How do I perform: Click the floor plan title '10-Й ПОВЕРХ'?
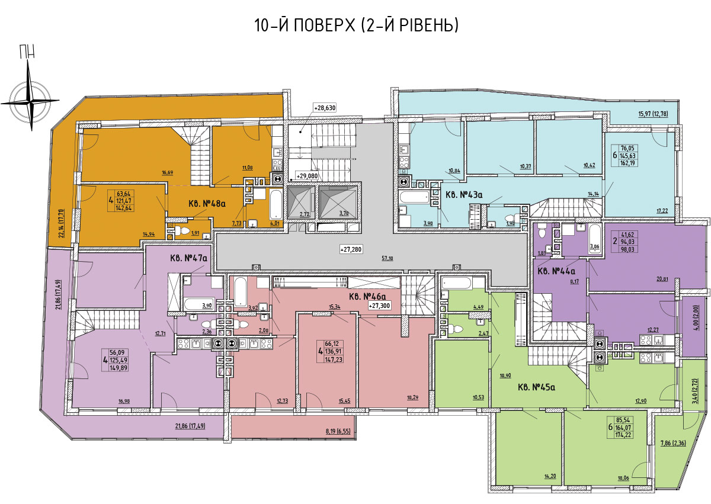(305, 25)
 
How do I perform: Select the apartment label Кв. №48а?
(207, 203)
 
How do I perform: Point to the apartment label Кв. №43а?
(464, 194)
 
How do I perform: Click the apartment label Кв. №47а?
(188, 258)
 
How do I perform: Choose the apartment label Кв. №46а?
(367, 297)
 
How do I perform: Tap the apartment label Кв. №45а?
(536, 387)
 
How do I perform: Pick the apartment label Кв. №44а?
(557, 271)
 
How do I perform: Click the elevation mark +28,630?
(325, 108)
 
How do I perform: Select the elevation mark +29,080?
(307, 176)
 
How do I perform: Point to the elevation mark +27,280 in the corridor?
(351, 249)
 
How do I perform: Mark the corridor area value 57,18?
(387, 258)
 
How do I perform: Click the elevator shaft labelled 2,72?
(301, 203)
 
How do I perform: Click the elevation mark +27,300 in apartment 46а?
(379, 306)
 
